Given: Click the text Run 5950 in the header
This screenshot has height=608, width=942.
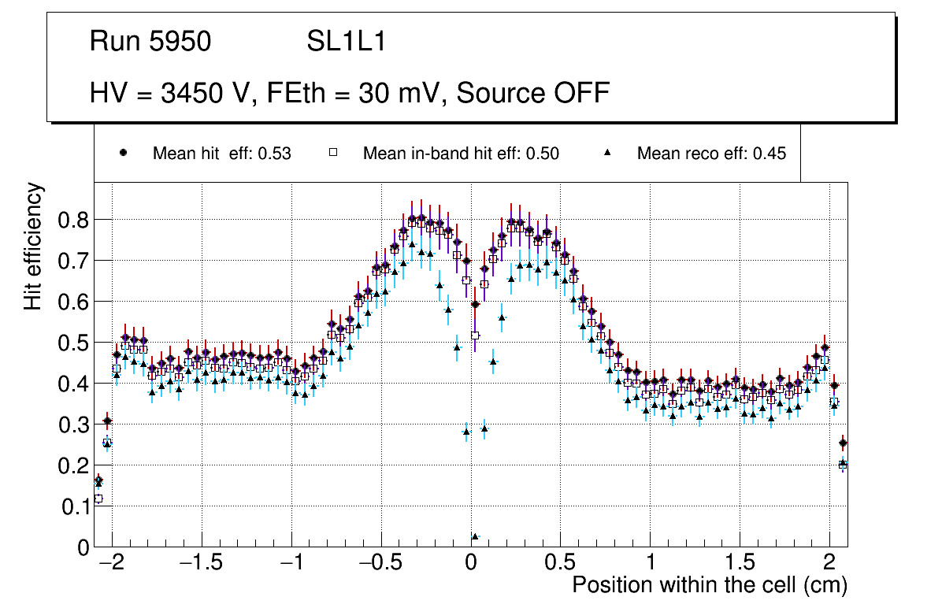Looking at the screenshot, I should pos(150,42).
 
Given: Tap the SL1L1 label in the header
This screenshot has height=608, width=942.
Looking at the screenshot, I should pos(346,42).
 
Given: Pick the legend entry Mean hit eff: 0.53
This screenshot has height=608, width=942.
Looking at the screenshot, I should pos(221,154).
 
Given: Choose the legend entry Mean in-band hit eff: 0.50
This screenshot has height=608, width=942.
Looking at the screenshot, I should pos(461,154).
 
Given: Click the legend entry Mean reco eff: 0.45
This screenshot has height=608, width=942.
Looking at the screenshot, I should pos(711,154).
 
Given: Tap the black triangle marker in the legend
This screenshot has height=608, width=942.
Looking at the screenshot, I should pos(608,153).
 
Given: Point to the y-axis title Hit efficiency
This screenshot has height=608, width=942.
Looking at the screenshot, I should pos(34,246).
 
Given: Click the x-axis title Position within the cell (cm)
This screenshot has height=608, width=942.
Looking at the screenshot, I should pos(710,585).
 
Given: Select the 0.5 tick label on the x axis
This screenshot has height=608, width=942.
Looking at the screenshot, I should pos(560,565).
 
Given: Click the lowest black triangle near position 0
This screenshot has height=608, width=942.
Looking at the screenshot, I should pos(475,536).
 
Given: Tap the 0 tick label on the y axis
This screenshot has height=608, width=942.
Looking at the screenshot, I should pos(83,547).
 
